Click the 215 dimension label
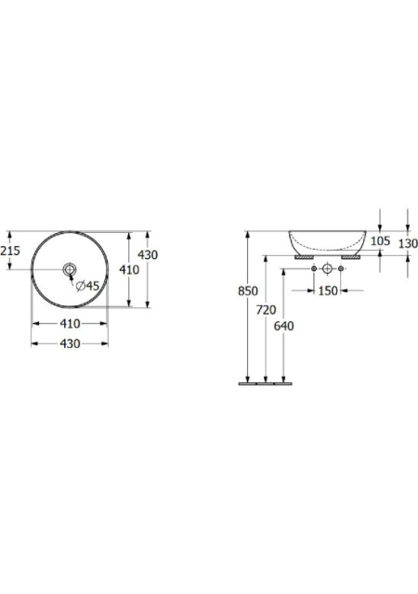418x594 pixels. [x=10, y=251]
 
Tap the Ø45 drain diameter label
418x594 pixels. [x=87, y=286]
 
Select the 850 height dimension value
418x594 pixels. [x=248, y=291]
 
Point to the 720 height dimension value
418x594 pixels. [x=266, y=310]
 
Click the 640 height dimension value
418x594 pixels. [x=283, y=326]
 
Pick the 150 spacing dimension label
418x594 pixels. [x=327, y=291]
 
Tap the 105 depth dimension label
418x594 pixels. [x=380, y=241]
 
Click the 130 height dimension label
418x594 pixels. [x=408, y=243]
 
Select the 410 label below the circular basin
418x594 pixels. [x=71, y=324]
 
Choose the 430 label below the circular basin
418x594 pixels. [x=71, y=343]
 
